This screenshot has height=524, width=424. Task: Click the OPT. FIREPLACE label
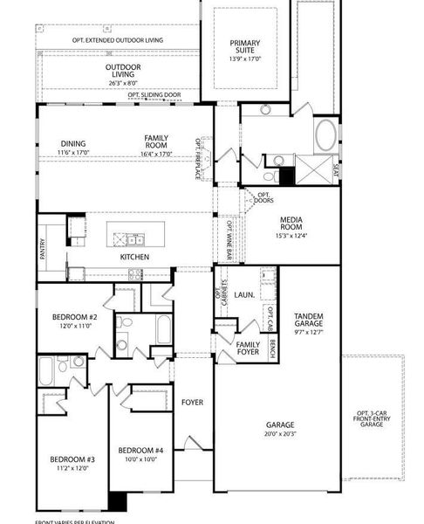(x=199, y=157)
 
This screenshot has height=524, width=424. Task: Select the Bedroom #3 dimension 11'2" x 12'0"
(x=72, y=467)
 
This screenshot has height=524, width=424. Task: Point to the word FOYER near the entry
(x=192, y=403)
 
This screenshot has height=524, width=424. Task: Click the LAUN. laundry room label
(x=245, y=295)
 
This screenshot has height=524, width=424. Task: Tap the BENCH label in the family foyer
(x=273, y=349)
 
